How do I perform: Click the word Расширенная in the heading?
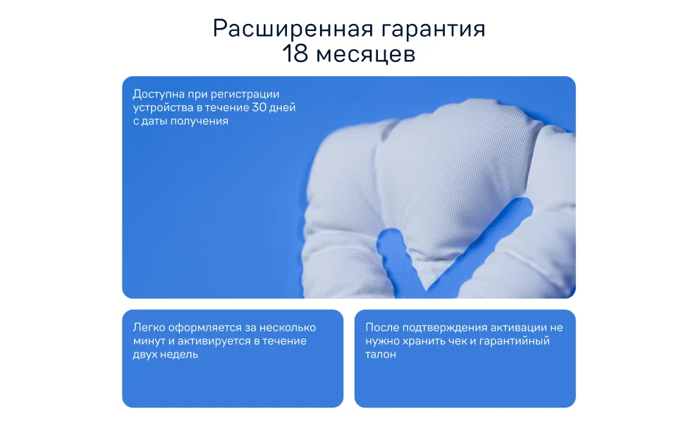coord(293,28)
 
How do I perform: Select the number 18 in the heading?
coord(295,54)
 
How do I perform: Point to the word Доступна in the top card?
coord(159,94)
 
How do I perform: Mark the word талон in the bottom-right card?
coord(381,355)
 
